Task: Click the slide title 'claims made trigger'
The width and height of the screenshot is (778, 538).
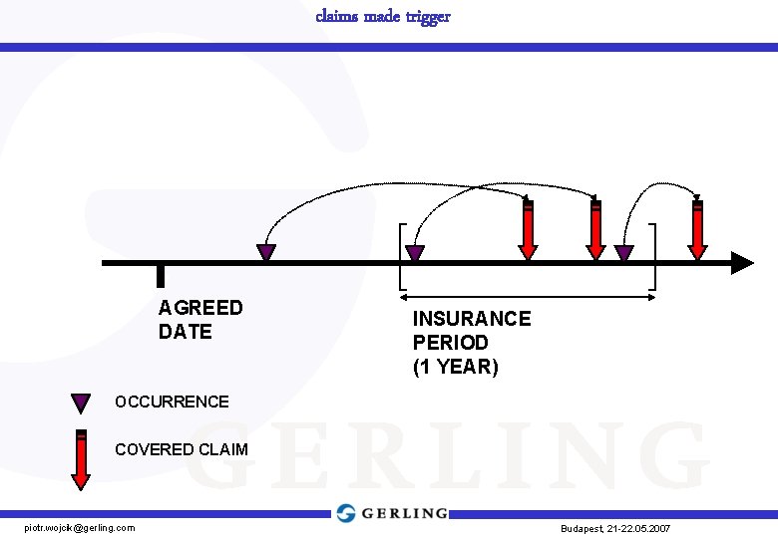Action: (383, 16)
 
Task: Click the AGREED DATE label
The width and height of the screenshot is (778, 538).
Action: (199, 320)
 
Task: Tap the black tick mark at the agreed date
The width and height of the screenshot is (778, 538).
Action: (161, 276)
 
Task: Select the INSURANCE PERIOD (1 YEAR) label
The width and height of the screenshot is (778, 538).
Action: (472, 342)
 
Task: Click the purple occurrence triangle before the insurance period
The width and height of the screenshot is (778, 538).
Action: (266, 253)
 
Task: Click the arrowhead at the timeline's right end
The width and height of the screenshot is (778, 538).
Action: (742, 263)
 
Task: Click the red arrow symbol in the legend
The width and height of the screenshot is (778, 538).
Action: (82, 459)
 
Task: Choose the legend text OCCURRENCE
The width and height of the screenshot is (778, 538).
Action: (172, 403)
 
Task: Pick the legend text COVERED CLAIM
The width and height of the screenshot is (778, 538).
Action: (182, 449)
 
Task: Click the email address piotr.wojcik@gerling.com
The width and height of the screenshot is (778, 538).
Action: (80, 527)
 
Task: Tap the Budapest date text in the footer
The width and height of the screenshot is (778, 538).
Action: (615, 528)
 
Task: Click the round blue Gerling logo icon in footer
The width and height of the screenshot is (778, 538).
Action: (346, 513)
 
